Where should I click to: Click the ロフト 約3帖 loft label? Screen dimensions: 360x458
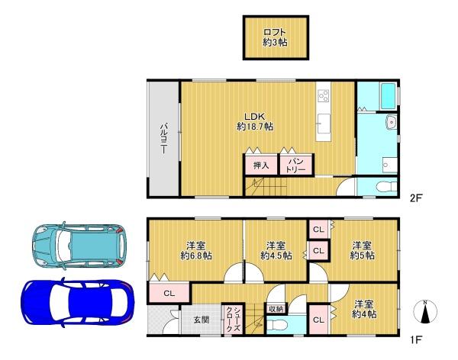pyautogui.click(x=276, y=36)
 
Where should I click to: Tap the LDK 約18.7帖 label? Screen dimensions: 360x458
pyautogui.click(x=255, y=121)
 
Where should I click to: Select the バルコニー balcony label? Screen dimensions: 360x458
pyautogui.click(x=163, y=138)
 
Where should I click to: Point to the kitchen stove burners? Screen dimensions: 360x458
pyautogui.click(x=322, y=95)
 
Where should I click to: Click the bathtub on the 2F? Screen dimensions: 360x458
pyautogui.click(x=378, y=96)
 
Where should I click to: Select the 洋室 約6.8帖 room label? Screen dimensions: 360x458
pyautogui.click(x=195, y=250)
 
